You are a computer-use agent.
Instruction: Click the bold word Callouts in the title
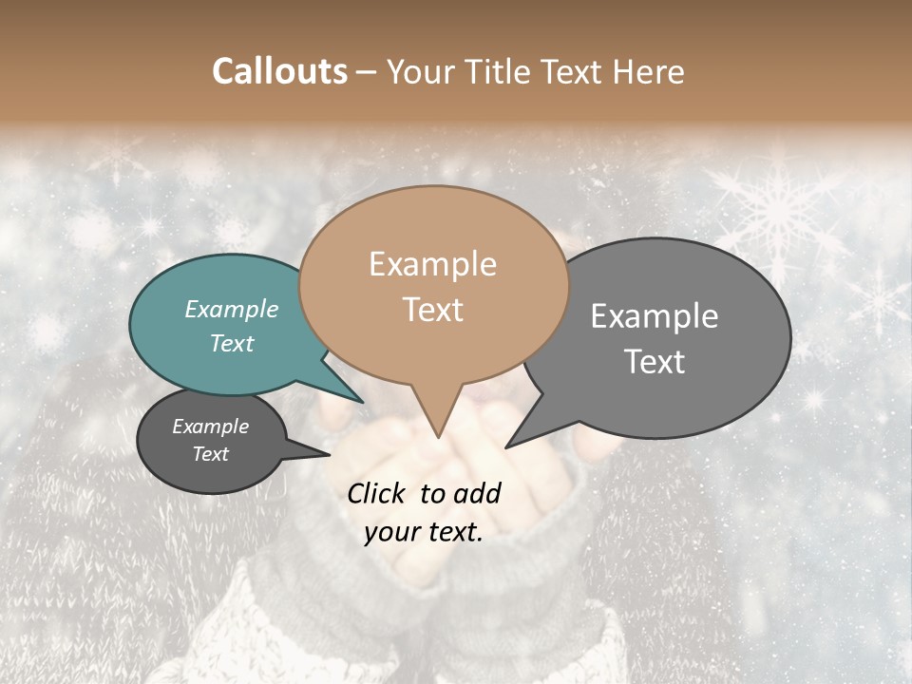[280, 71]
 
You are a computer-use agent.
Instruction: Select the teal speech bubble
[218, 328]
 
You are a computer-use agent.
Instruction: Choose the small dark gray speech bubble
[211, 441]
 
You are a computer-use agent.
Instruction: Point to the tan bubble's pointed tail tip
[438, 437]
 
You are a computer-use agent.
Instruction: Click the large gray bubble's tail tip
[506, 446]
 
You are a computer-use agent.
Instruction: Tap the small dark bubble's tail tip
[330, 453]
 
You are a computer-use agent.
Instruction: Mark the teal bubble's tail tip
[364, 402]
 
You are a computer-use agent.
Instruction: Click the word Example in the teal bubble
[232, 310]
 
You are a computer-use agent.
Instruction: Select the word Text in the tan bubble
[433, 310]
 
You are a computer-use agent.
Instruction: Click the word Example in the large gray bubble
[655, 316]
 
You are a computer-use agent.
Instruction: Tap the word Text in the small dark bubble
[211, 454]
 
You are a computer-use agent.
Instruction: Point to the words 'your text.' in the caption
[424, 532]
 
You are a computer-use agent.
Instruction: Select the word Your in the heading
[417, 72]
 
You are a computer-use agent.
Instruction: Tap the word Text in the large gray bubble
[655, 362]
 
